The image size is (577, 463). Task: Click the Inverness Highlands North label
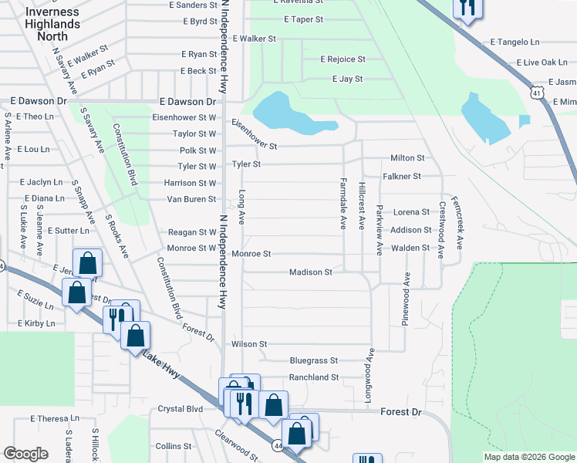52,24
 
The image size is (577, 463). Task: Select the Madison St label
310,272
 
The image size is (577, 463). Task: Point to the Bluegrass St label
314,360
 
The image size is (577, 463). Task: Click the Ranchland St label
313,377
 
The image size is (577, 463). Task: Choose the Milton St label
407,158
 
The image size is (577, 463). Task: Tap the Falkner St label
401,177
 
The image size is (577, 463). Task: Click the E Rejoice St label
342,59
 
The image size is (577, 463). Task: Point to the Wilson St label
249,344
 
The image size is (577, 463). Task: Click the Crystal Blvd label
180,409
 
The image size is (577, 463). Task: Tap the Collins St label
173,446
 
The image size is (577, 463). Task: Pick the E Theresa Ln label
55,419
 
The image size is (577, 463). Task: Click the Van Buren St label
191,199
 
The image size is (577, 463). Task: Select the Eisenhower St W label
184,117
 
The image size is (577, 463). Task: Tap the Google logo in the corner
25,453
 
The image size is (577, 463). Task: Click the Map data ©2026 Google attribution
528,457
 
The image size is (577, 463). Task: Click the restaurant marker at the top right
466,8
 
